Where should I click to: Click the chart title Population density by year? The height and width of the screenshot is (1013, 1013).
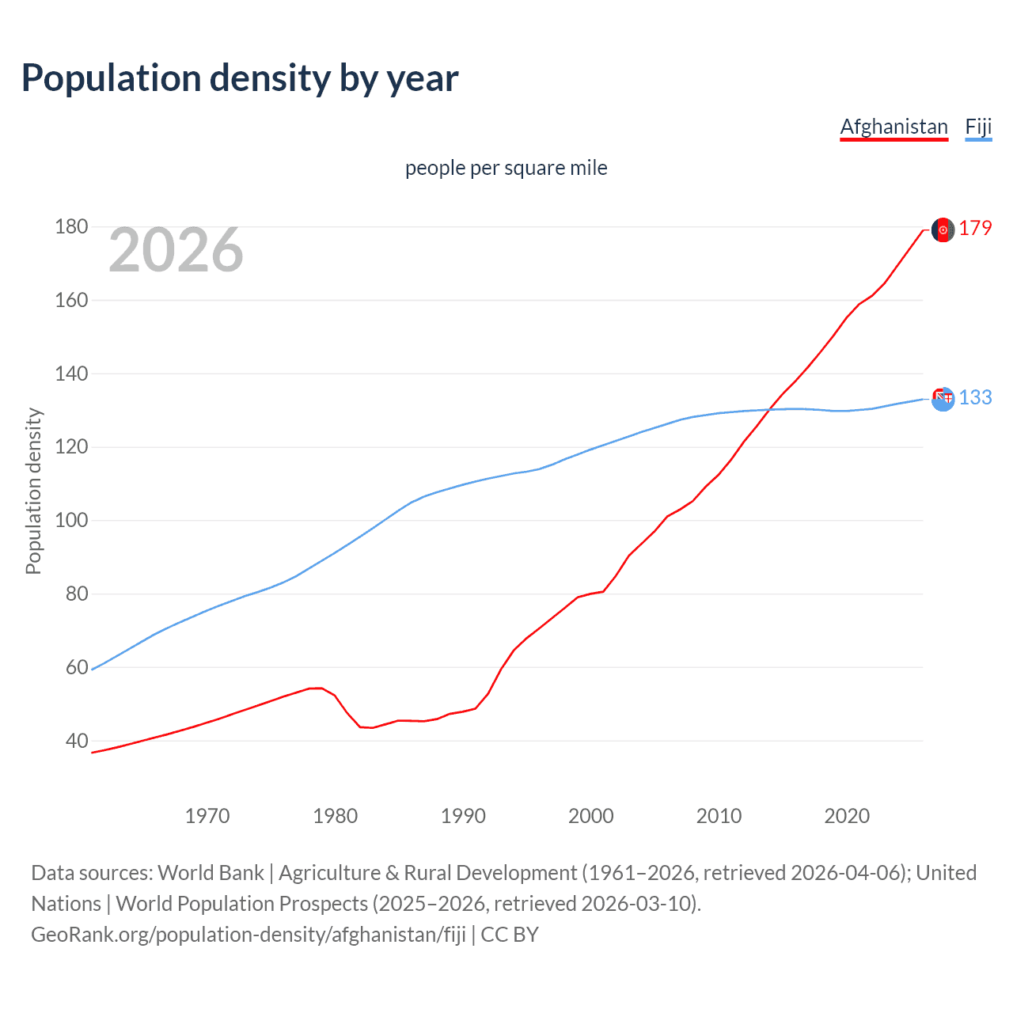[240, 78]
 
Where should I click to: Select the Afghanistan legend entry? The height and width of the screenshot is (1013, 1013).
[893, 127]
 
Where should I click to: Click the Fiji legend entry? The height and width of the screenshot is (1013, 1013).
[978, 127]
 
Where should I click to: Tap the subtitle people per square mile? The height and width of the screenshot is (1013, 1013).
[506, 168]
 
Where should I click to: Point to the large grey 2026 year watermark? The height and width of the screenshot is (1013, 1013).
[176, 250]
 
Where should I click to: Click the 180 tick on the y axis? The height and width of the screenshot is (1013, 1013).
[71, 227]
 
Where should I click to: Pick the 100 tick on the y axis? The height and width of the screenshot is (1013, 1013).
[71, 521]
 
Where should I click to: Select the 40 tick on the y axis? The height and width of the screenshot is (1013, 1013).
[77, 742]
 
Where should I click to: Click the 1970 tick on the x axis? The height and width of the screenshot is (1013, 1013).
[207, 816]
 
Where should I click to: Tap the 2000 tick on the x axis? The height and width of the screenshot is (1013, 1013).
[591, 816]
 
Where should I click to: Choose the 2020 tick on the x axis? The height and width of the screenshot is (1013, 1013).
[847, 816]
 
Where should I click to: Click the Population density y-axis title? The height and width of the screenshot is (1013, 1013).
[33, 491]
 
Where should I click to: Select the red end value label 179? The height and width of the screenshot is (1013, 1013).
[975, 229]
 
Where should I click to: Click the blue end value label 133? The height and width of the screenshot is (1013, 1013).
[975, 397]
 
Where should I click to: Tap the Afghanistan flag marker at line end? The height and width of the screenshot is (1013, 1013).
[943, 230]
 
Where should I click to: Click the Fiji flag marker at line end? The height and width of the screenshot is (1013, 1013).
[943, 399]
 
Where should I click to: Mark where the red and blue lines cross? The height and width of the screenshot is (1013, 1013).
[768, 409]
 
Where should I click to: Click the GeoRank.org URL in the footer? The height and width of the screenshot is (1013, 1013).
[248, 935]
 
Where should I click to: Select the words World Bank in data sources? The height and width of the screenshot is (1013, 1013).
[211, 873]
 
